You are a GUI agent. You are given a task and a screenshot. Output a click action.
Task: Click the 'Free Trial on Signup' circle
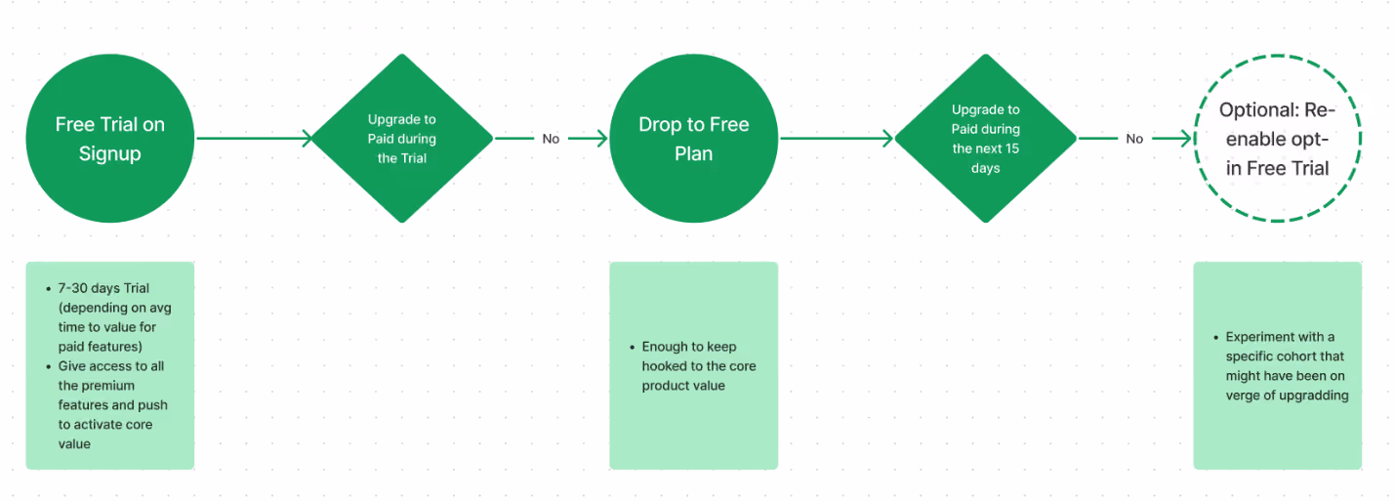[110, 139]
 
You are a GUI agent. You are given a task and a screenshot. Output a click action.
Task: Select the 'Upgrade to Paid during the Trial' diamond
[401, 139]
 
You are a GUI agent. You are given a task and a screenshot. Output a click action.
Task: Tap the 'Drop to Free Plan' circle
[694, 139]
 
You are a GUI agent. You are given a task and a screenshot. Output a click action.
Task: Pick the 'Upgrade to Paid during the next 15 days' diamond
[985, 139]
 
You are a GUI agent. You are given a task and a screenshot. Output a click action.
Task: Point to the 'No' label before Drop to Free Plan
[551, 139]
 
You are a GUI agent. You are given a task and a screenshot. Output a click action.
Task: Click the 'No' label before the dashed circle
[1134, 139]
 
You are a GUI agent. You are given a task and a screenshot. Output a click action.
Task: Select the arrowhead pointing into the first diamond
[308, 139]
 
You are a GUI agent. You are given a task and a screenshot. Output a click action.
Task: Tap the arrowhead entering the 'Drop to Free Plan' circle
[602, 139]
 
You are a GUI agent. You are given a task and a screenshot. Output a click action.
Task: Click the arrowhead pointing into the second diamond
[888, 139]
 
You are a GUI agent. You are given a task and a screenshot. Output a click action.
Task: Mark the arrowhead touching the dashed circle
[1186, 139]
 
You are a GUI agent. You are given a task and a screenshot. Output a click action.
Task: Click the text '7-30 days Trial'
[103, 288]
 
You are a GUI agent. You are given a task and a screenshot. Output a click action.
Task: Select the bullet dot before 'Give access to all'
[49, 366]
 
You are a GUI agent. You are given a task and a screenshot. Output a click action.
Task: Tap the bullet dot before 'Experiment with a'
[1215, 337]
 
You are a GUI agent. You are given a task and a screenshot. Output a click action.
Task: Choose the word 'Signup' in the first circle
[110, 154]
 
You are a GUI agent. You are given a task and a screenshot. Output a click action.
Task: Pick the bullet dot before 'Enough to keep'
[633, 347]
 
